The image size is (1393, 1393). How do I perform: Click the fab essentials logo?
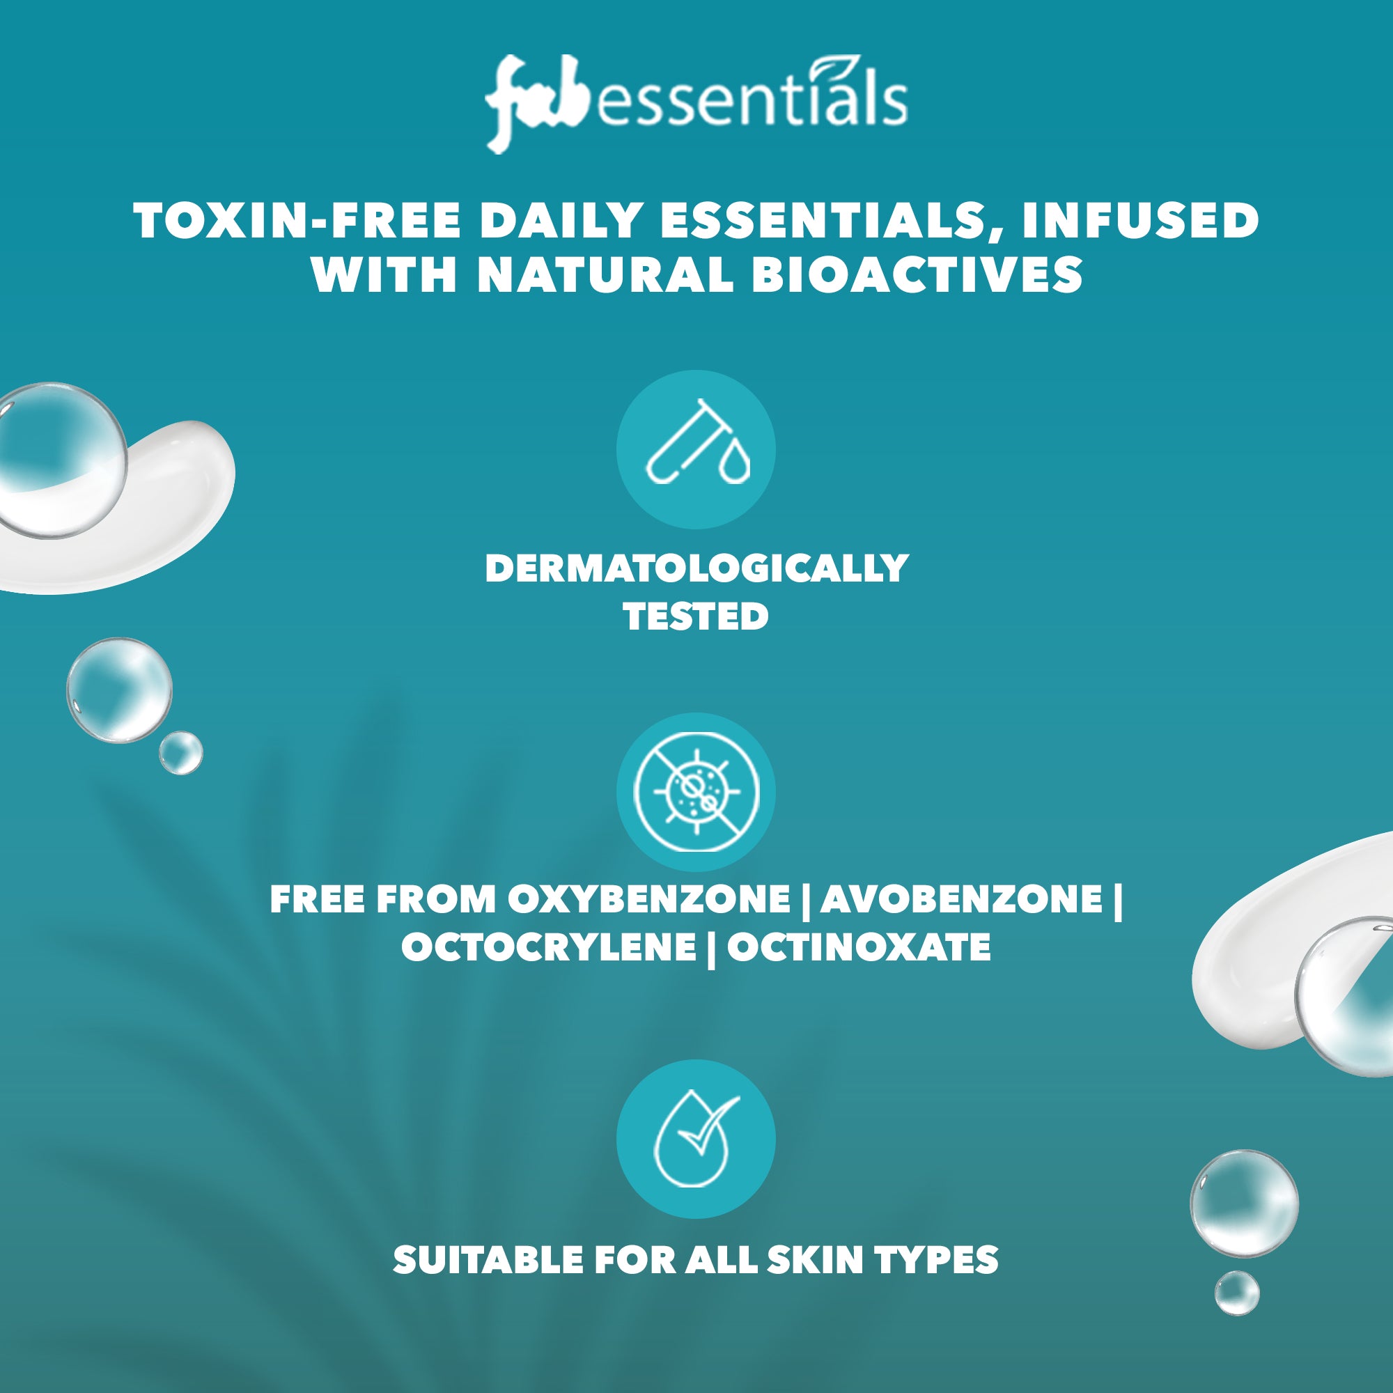click(x=696, y=105)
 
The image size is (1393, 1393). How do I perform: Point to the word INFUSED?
click(x=1141, y=221)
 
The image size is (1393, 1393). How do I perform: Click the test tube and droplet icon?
click(x=696, y=450)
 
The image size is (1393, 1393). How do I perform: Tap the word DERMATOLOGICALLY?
click(x=696, y=569)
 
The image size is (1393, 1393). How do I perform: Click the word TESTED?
click(x=696, y=616)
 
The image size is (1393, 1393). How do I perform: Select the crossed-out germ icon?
click(x=696, y=793)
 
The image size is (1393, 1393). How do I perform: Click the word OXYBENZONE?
click(x=648, y=899)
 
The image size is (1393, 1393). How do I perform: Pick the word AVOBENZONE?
click(x=962, y=899)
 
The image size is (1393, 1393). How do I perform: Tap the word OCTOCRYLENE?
click(x=549, y=947)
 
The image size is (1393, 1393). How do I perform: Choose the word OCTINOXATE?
click(x=859, y=947)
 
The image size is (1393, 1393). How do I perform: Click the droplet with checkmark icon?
click(x=696, y=1139)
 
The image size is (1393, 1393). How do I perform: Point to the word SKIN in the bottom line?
click(x=815, y=1259)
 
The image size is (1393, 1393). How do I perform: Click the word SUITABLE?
click(x=488, y=1259)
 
